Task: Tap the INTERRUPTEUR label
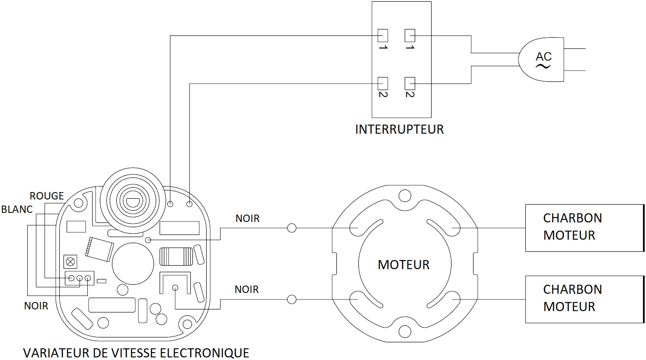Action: click(399, 129)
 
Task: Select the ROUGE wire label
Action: click(47, 196)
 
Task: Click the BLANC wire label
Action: click(17, 209)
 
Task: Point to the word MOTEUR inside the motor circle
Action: click(403, 264)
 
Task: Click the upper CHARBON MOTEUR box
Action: click(584, 228)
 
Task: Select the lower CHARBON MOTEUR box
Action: click(584, 299)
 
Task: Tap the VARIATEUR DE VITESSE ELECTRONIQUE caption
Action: click(136, 353)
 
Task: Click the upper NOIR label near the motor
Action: click(247, 219)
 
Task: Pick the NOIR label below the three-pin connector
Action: click(36, 306)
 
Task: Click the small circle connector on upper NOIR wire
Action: click(292, 228)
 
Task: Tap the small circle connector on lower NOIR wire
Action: click(292, 299)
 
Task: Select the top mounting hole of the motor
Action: click(405, 196)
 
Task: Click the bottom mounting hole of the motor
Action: click(405, 331)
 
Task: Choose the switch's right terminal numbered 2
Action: click(409, 82)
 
